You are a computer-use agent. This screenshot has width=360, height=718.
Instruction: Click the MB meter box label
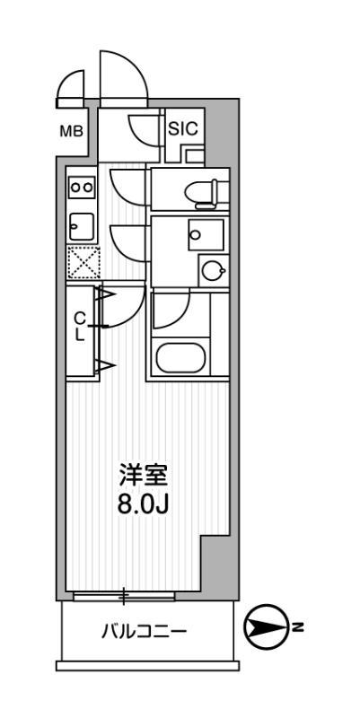point(71,131)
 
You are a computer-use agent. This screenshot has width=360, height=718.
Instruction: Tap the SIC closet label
point(182,127)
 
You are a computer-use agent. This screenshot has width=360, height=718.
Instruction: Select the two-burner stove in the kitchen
point(82,187)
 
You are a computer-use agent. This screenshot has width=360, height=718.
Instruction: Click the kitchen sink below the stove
point(82,225)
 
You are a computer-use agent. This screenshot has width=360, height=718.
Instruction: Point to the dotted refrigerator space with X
point(82,263)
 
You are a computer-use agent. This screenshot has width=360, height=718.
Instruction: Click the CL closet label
point(80,326)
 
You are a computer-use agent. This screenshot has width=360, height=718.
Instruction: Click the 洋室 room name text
point(145,473)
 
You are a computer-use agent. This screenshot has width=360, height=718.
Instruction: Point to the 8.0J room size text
point(145,503)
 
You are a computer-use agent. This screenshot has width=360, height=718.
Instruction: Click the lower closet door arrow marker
point(104,364)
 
